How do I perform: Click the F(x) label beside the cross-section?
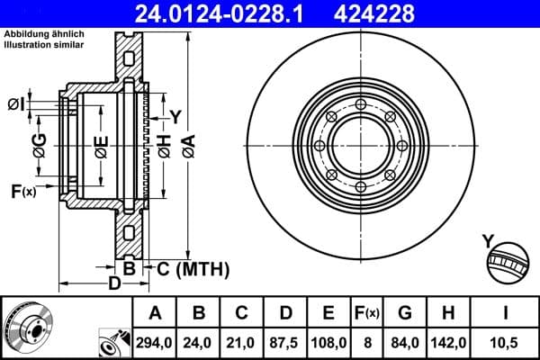22,191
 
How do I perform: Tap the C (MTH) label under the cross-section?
193,268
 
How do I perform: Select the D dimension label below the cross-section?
114,285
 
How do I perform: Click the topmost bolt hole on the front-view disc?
360,105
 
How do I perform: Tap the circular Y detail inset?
506,261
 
